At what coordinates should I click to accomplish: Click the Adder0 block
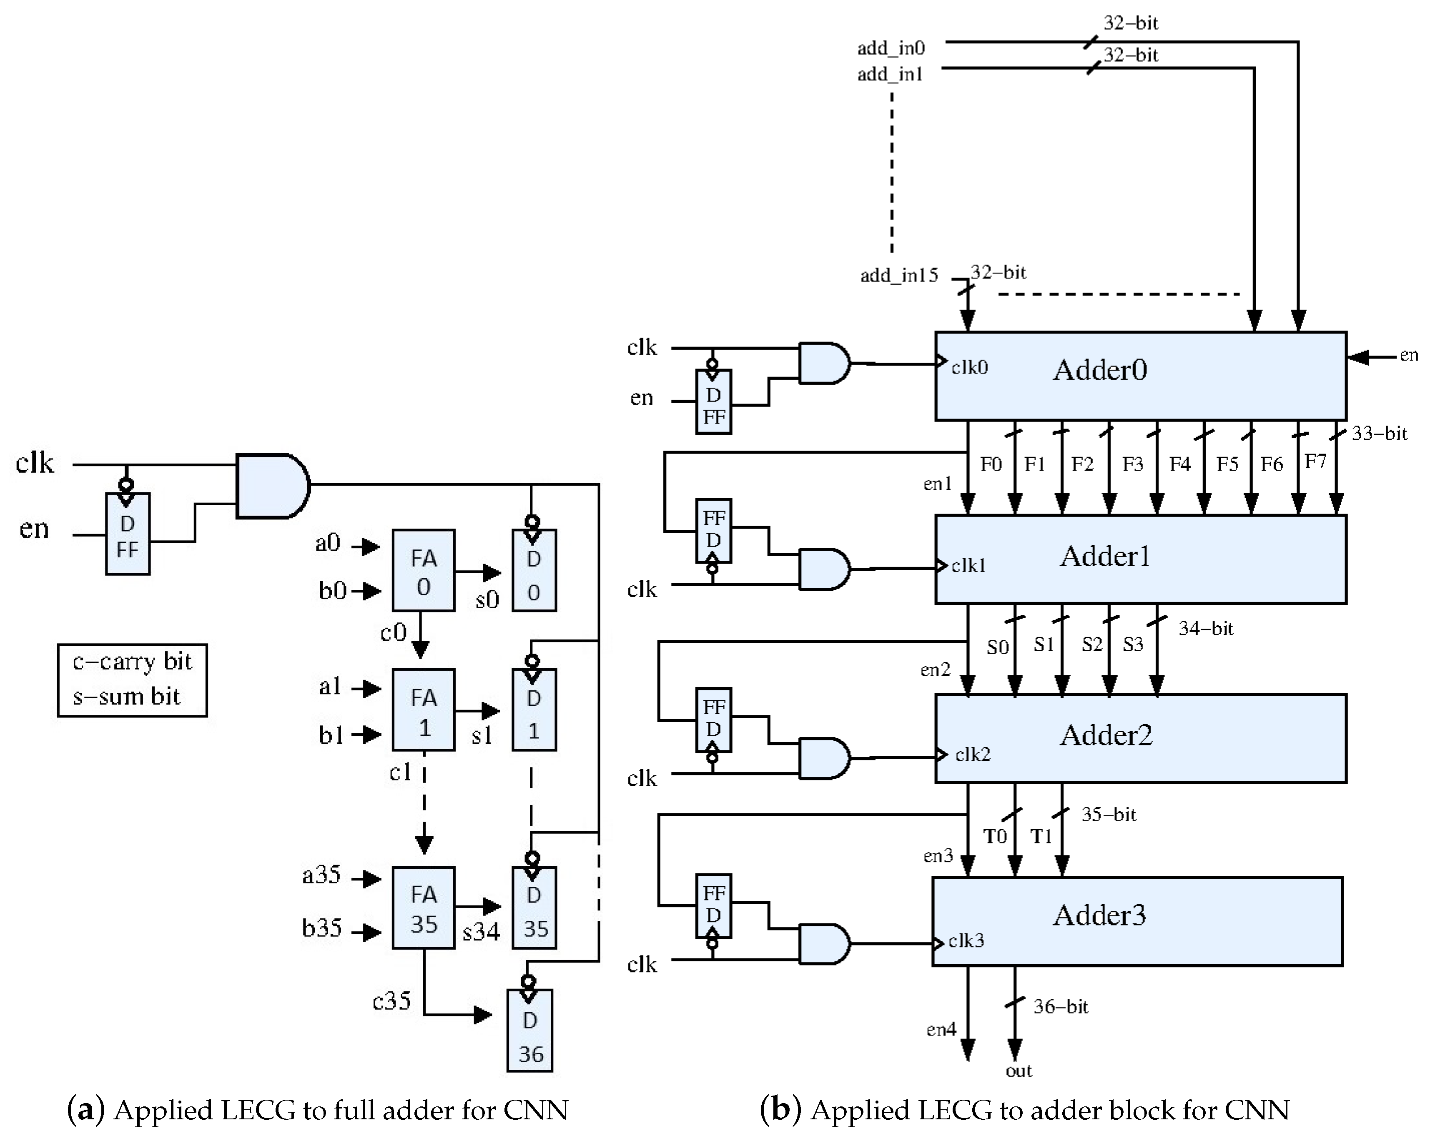pos(1140,376)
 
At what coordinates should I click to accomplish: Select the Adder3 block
pos(1137,921)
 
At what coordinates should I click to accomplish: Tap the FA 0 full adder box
pos(423,570)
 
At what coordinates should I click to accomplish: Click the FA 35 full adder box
pos(423,908)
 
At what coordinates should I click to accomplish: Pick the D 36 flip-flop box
pos(529,1030)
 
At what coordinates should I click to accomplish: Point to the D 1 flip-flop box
pos(534,710)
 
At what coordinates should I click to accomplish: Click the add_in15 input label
pos(899,275)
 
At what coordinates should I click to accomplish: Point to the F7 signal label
pos(1315,461)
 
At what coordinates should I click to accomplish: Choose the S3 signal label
pos(1133,644)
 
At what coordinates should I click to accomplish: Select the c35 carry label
pos(391,1001)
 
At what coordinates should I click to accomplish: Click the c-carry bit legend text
pos(132,662)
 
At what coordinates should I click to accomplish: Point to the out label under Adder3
pos(1019,1071)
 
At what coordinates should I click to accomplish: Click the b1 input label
pos(331,735)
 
